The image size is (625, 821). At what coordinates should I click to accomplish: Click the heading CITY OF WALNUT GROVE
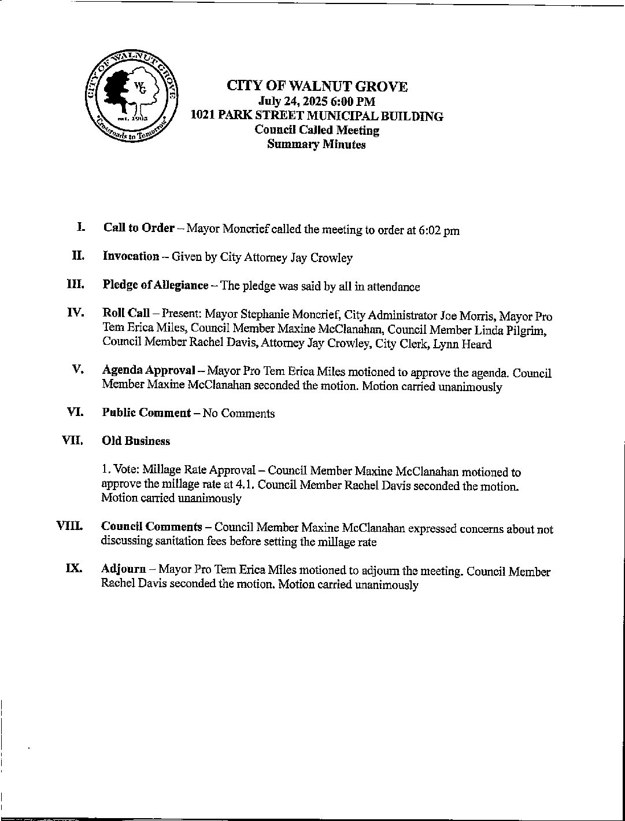317,87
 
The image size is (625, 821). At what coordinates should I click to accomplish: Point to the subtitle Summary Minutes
316,145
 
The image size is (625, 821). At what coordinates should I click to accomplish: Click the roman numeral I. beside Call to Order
81,227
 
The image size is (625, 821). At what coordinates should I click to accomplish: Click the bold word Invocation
131,256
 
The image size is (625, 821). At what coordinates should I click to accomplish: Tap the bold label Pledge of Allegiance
155,285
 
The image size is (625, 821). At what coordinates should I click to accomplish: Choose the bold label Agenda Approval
148,371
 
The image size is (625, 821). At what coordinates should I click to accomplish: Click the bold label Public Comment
146,413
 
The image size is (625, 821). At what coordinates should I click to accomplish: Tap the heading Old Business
136,441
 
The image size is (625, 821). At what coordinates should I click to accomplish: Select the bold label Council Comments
151,527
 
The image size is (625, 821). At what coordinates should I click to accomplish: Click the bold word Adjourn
123,570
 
